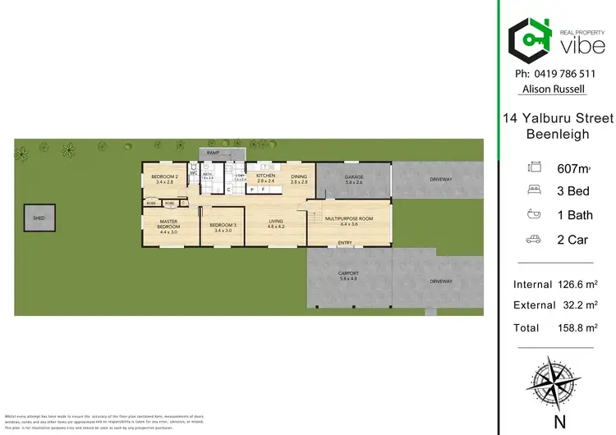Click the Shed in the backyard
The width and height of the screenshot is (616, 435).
coord(39,218)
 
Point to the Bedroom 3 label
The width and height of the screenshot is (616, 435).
coord(223,226)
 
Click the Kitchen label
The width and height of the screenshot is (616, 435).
coord(265,176)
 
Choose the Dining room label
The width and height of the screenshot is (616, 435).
coord(298,176)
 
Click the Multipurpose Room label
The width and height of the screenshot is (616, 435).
coord(348,219)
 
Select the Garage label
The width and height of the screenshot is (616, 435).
coord(353,177)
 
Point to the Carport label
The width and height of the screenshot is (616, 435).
coord(349,275)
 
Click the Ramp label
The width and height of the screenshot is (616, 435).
coord(213,153)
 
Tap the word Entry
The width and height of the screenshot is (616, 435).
coord(345,243)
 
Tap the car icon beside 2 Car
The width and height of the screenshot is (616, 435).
coord(532,240)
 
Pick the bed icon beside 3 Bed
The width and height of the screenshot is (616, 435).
coord(532,191)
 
